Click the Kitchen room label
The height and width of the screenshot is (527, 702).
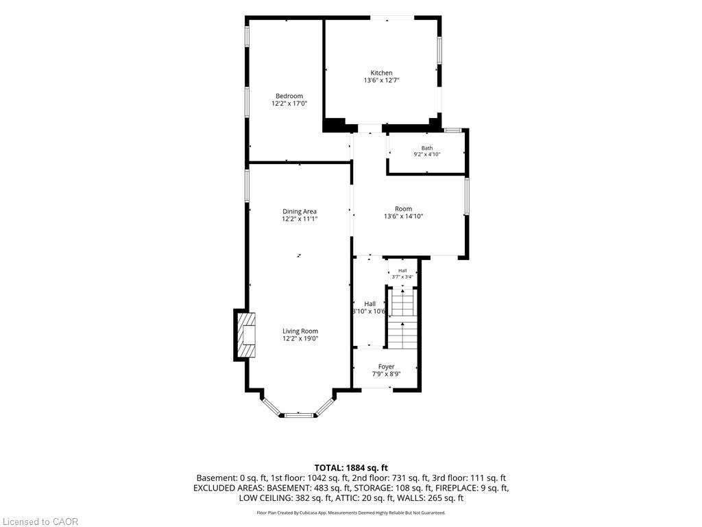(381, 73)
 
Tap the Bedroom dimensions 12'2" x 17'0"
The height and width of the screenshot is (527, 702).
(289, 104)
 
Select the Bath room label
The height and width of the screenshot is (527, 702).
(427, 148)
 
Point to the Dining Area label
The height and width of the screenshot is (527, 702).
(300, 211)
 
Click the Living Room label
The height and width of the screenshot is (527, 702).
(300, 331)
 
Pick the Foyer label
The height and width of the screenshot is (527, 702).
(387, 366)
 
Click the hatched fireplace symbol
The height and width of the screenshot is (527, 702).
(246, 335)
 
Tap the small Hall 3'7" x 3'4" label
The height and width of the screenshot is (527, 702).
(402, 273)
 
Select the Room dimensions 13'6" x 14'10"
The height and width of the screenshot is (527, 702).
(403, 216)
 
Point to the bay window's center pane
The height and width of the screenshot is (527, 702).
(299, 415)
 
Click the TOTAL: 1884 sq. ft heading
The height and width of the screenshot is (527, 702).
(351, 468)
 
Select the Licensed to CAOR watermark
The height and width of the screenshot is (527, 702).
(39, 522)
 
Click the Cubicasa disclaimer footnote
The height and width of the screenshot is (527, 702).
(351, 513)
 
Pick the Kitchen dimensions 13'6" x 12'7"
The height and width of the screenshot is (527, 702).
(381, 81)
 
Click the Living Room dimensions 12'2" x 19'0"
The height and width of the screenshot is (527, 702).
(300, 339)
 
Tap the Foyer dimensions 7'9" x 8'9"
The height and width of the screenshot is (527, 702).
(387, 374)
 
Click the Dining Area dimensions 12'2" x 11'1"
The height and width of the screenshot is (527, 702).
(300, 219)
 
